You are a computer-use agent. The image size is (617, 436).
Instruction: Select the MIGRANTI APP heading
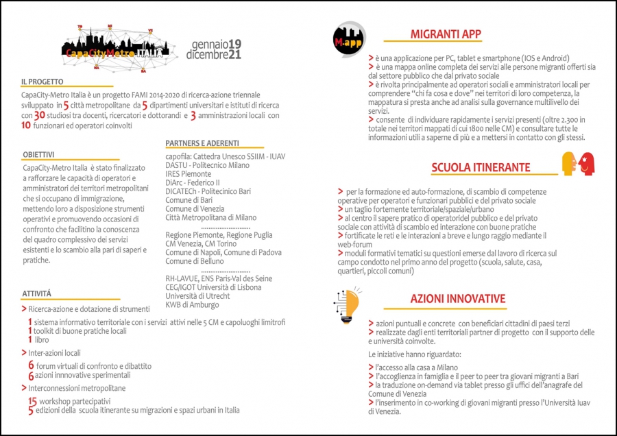point(445,34)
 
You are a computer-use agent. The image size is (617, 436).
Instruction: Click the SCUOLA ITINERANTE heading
point(481,167)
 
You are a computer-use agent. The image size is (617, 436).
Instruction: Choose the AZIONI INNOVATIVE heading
point(457,299)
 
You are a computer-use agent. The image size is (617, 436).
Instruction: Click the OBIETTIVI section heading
point(38,155)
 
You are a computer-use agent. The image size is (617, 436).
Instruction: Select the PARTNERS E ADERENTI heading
point(202,143)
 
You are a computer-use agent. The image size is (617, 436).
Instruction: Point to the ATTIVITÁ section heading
point(36,293)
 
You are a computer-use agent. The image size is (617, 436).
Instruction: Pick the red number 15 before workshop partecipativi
point(32,400)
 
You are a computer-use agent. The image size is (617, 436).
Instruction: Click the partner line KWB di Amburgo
point(192,305)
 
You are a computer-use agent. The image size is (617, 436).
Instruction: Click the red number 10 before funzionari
point(26,125)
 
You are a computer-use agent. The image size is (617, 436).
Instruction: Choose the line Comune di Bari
point(189,200)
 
